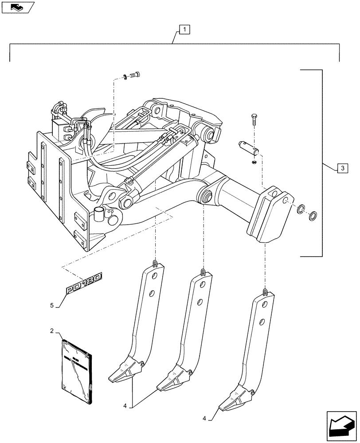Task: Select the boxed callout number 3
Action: [342, 168]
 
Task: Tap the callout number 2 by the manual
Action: [52, 331]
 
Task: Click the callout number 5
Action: [52, 305]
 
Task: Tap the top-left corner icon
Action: [17, 6]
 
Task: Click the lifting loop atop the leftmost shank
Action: [154, 264]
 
